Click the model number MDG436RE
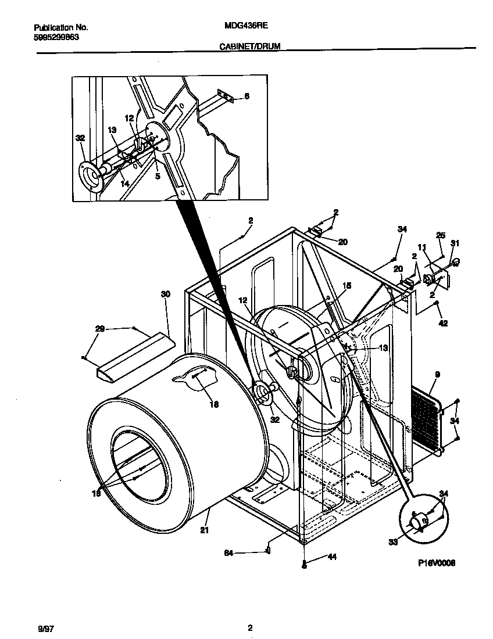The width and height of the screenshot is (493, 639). (245, 27)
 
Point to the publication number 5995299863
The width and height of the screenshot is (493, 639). (57, 36)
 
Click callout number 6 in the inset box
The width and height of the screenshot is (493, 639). (246, 96)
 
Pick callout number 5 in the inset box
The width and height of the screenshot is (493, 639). (157, 175)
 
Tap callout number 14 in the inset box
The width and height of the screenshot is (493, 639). (124, 183)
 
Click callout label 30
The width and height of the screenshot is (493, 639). (166, 295)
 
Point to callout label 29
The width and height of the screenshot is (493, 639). (101, 329)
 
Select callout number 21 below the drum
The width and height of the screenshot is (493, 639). (204, 529)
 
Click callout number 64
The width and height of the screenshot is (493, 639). (229, 554)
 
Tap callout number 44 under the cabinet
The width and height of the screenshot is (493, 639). (332, 557)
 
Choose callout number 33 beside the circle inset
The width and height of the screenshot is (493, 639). (392, 542)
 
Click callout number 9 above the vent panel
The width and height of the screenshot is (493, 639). (437, 375)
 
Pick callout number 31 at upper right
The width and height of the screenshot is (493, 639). (455, 243)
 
